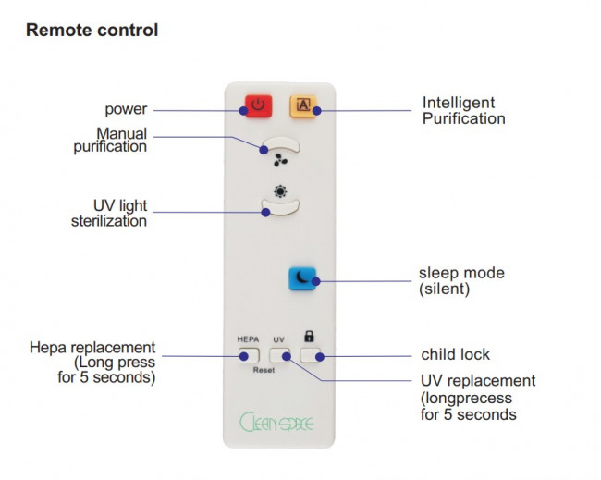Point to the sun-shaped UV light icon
pos(280,191)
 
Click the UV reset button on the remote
pos(280,354)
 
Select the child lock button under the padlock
pos(312,354)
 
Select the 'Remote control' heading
pos(92,30)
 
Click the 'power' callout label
pos(125,108)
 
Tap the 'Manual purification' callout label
pos(110,140)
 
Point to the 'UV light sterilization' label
pos(109,213)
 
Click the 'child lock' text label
pos(455,354)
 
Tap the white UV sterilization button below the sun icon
pos(280,209)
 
